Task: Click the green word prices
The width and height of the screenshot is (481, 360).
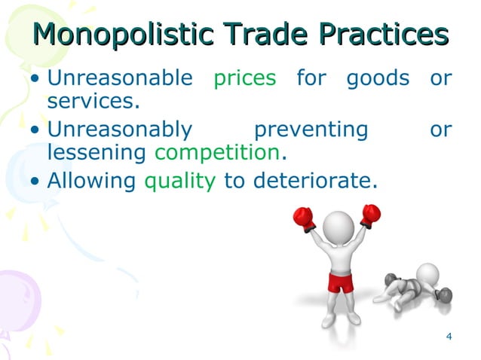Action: pos(245,79)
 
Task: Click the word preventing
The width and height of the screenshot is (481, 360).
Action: pos(310,130)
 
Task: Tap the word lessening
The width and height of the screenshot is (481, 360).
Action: pos(96,154)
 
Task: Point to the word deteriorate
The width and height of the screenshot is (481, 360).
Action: pos(316,181)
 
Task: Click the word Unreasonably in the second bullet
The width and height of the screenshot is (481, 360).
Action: pos(120,130)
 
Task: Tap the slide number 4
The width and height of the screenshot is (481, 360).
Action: pos(449,336)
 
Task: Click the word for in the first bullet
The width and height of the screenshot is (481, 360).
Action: pos(311,78)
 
